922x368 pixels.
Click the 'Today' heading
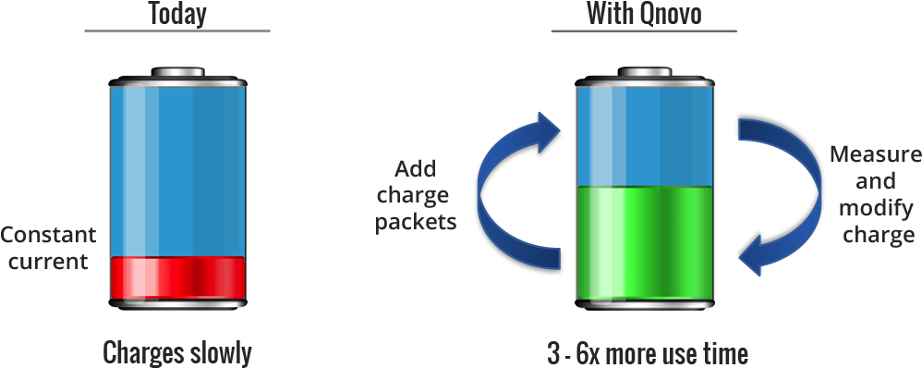point(176,14)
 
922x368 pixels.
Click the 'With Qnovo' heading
point(643,14)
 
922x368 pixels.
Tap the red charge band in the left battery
point(177,278)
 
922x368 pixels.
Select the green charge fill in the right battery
point(645,242)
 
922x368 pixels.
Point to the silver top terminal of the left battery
point(178,73)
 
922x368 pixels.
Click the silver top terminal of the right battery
point(645,73)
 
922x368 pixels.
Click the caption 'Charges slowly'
point(176,352)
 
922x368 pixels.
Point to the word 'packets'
point(416,223)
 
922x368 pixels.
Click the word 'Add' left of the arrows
point(416,170)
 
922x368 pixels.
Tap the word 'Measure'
point(875,154)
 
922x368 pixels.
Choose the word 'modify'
point(875,209)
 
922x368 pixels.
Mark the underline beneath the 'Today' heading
point(176,31)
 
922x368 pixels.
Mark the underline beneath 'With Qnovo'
point(644,31)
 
